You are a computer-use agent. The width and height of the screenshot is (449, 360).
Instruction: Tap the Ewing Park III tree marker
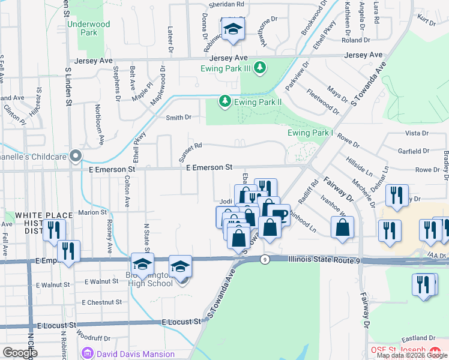click(260, 68)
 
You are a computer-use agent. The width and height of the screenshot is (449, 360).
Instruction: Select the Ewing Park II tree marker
click(225, 101)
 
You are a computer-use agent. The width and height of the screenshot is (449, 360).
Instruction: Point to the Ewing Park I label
click(310, 132)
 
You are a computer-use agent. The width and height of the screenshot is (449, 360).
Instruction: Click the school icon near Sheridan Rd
click(233, 29)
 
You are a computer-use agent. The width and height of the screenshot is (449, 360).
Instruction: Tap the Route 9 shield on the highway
click(264, 260)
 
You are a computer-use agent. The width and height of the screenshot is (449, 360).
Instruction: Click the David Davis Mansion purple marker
click(89, 353)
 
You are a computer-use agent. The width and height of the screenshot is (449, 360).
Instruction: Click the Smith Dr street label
click(178, 118)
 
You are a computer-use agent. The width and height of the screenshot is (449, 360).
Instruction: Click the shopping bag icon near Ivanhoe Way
click(342, 227)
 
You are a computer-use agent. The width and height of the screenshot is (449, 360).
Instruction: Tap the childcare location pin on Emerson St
click(75, 156)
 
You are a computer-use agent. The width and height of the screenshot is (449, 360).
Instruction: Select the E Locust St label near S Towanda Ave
click(181, 322)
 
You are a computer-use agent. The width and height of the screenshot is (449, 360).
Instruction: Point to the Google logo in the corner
click(20, 353)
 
